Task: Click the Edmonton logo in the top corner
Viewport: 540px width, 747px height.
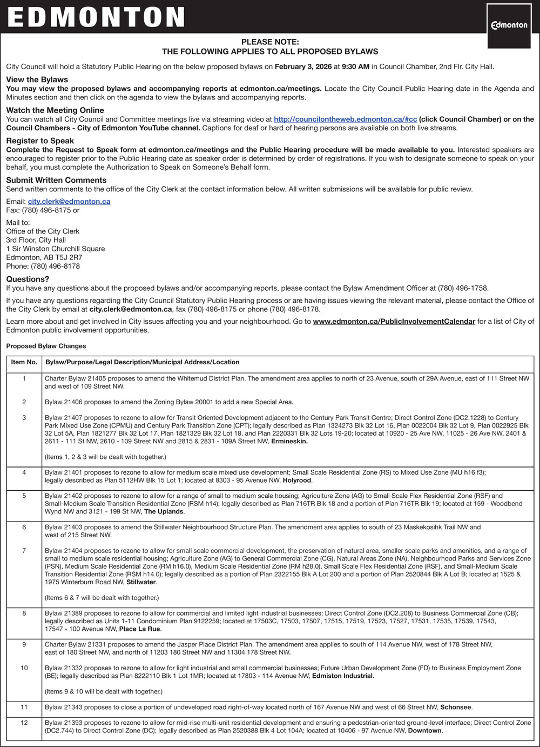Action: [509, 25]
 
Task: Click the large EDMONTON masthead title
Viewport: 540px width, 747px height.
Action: [96, 17]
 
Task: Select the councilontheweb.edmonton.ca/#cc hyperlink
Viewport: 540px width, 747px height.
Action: [345, 119]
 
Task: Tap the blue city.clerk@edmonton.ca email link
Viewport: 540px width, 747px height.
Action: [69, 202]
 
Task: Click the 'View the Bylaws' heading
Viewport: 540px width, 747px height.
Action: [37, 79]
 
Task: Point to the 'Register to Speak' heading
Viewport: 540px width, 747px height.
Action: [40, 141]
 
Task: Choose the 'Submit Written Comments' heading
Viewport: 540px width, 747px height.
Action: [56, 180]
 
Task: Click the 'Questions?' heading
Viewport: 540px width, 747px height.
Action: [28, 279]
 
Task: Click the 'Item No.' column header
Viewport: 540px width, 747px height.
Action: [24, 362]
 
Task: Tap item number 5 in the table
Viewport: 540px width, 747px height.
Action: [24, 496]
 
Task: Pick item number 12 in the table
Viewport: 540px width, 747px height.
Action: [24, 723]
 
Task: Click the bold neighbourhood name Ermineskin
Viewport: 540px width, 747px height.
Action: [289, 442]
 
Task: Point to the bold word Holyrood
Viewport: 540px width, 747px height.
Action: [297, 481]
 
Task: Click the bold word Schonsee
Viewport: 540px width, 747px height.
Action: [456, 708]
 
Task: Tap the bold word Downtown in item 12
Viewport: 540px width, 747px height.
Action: [425, 731]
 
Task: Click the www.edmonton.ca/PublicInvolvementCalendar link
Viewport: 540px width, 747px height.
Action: [394, 322]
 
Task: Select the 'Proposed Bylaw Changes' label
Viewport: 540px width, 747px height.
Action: [46, 346]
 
